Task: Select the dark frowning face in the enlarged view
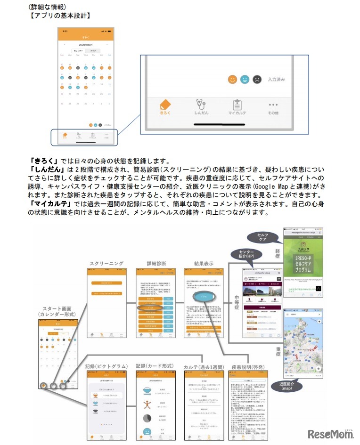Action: point(257,80)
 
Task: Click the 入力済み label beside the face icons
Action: point(276,80)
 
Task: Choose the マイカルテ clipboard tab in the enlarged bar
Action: point(237,107)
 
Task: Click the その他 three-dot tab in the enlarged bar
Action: point(273,107)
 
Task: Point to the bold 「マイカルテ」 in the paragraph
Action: point(47,204)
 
